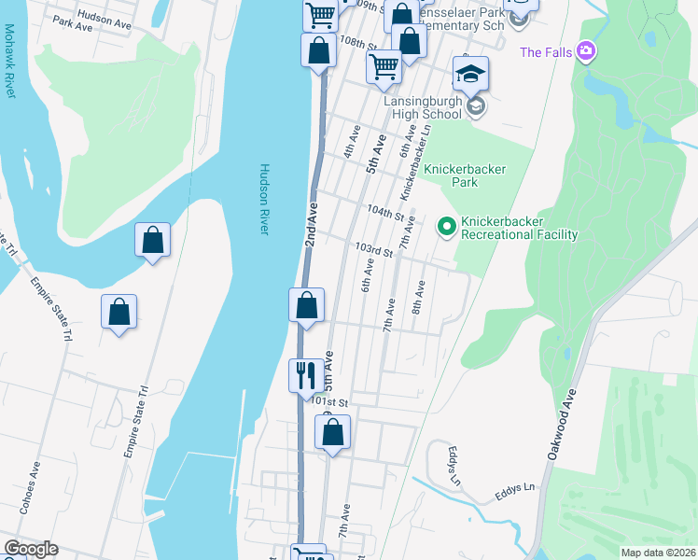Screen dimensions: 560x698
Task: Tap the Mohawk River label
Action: pyautogui.click(x=10, y=69)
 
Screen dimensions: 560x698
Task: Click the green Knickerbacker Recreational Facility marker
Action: pyautogui.click(x=446, y=225)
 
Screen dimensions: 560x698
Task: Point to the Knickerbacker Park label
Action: pyautogui.click(x=465, y=175)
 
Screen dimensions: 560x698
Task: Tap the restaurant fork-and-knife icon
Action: pyautogui.click(x=305, y=375)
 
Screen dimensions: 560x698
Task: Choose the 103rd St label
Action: pyautogui.click(x=370, y=250)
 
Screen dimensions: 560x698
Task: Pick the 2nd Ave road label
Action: pyautogui.click(x=312, y=224)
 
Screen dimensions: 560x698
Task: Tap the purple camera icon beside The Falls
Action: pyautogui.click(x=586, y=50)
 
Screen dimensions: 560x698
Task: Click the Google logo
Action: pyautogui.click(x=31, y=549)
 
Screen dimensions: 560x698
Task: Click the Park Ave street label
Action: pyautogui.click(x=74, y=27)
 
